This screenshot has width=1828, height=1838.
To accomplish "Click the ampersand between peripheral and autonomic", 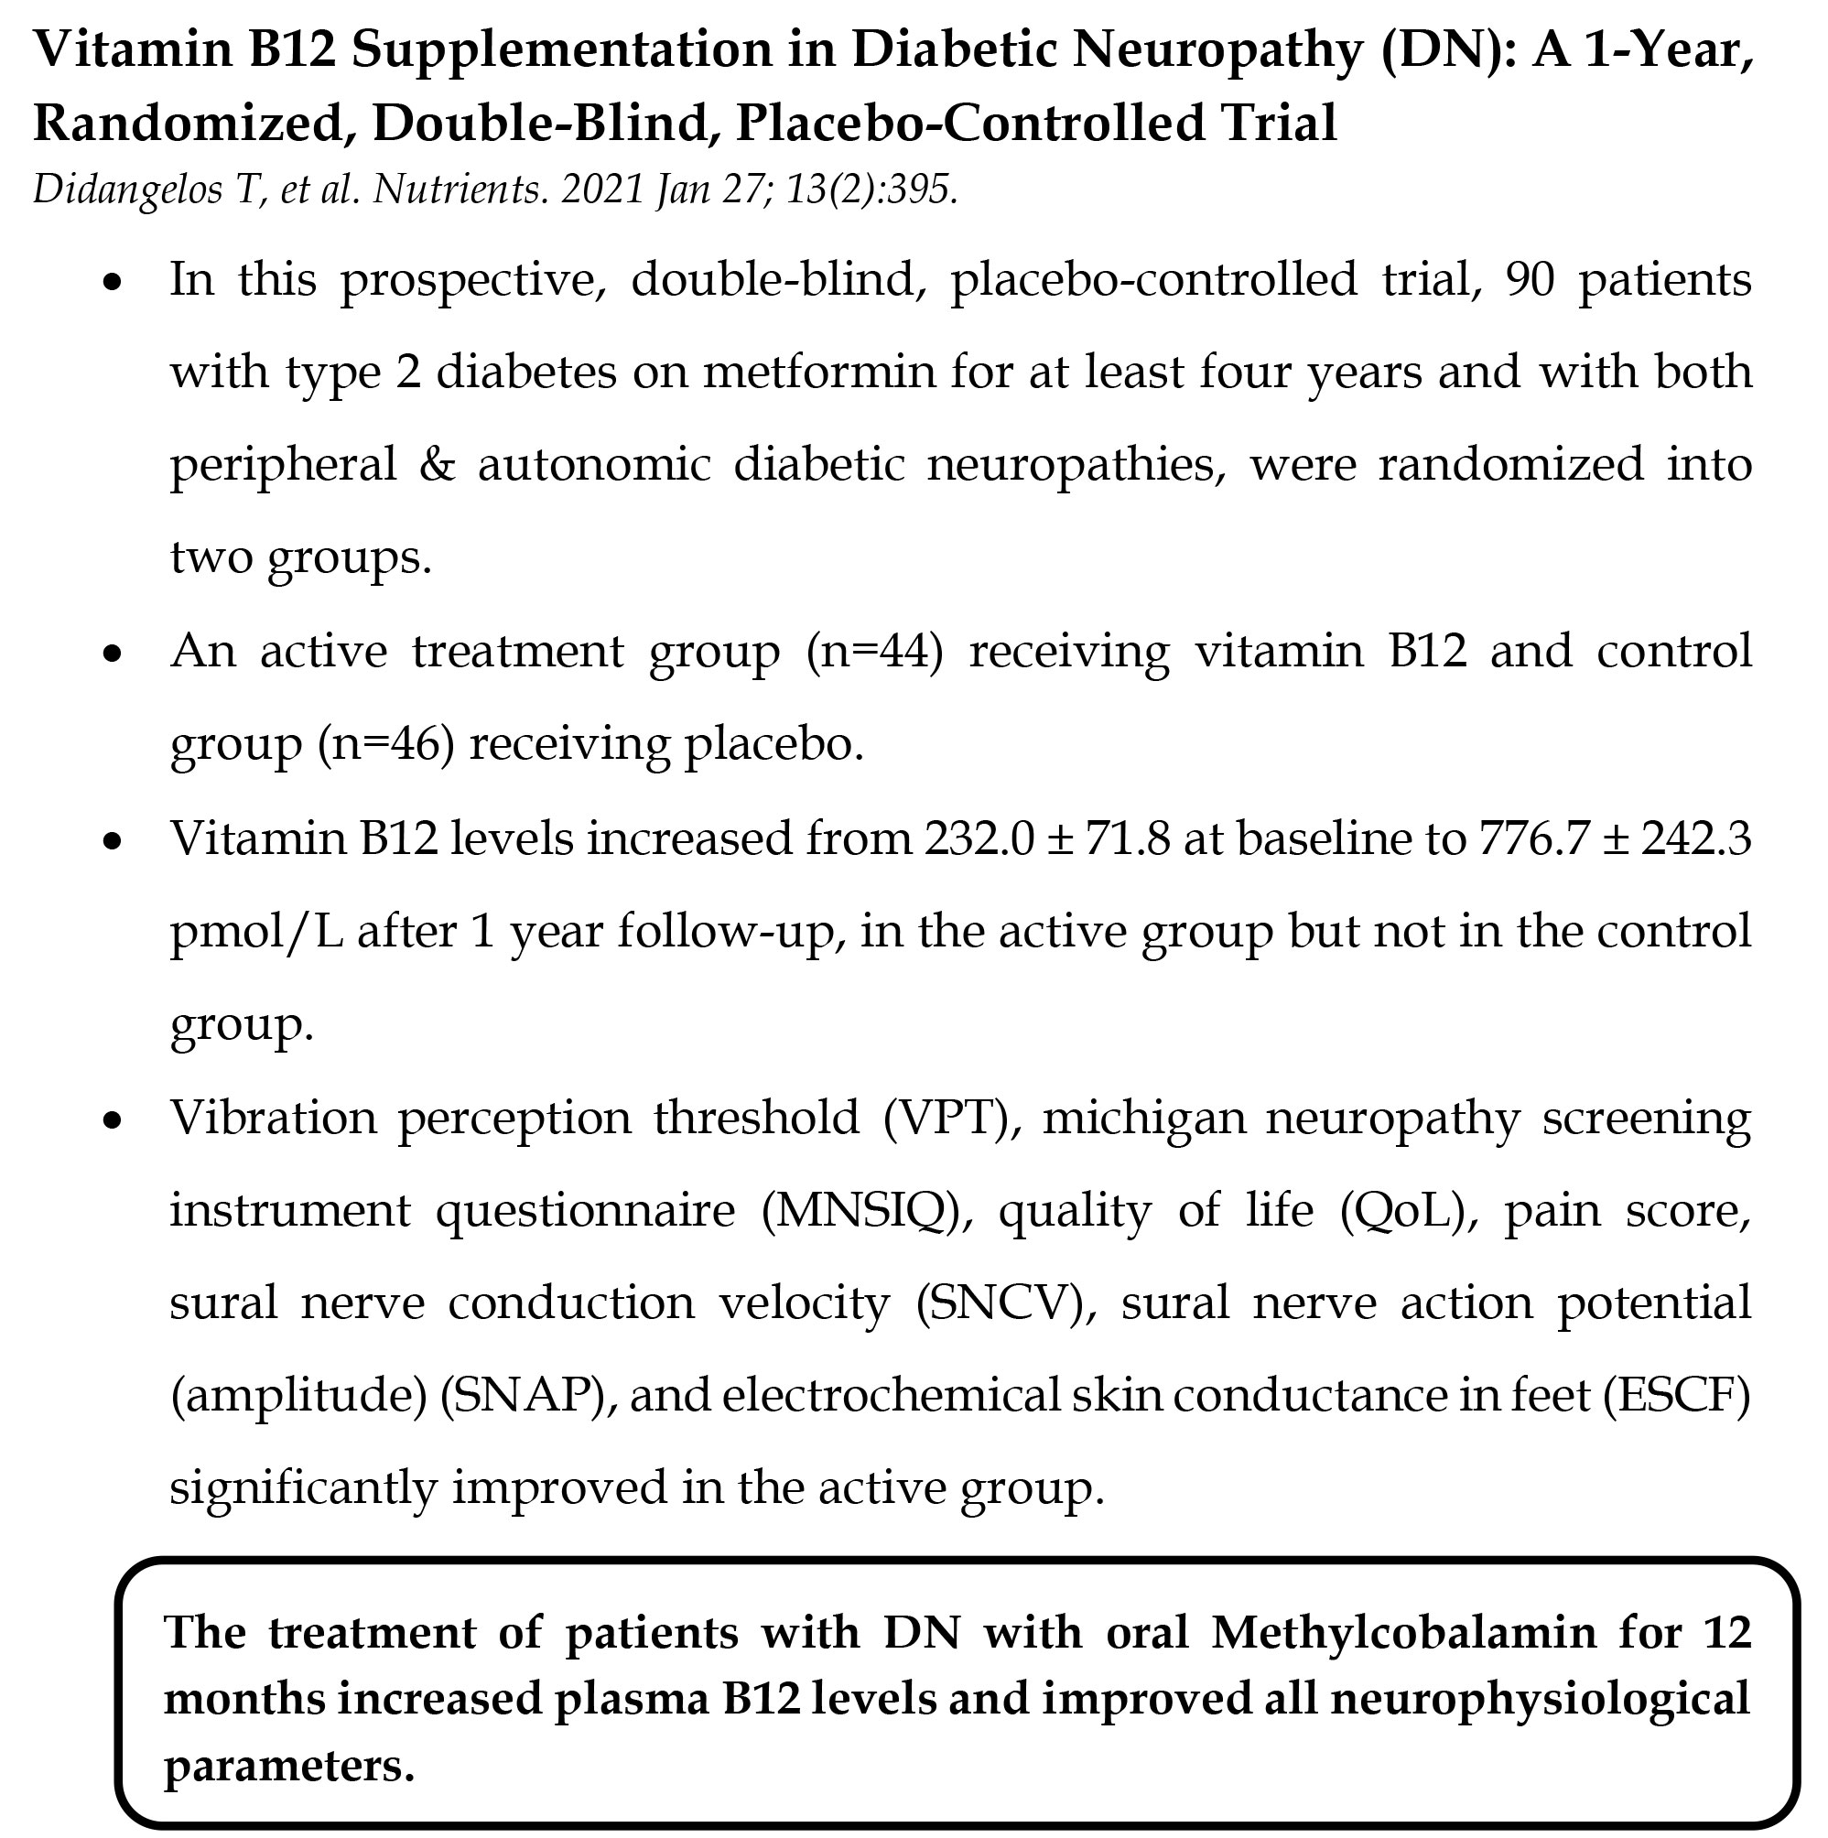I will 437,464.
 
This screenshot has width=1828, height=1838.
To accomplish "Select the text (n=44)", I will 874,651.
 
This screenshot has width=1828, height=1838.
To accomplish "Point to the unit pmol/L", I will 257,930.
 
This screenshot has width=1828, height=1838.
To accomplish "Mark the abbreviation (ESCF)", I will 1677,1396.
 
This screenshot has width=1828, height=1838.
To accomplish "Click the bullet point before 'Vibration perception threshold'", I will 114,1120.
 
